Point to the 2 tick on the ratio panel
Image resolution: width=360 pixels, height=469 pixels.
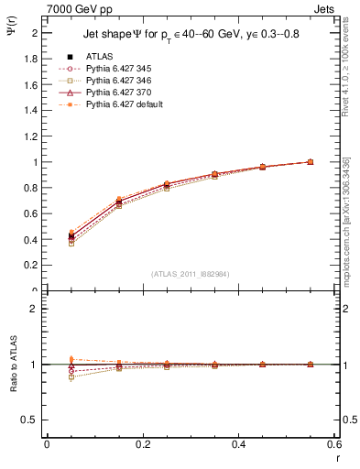click(x=36, y=309)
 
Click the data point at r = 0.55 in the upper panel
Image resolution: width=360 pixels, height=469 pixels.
click(x=310, y=162)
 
